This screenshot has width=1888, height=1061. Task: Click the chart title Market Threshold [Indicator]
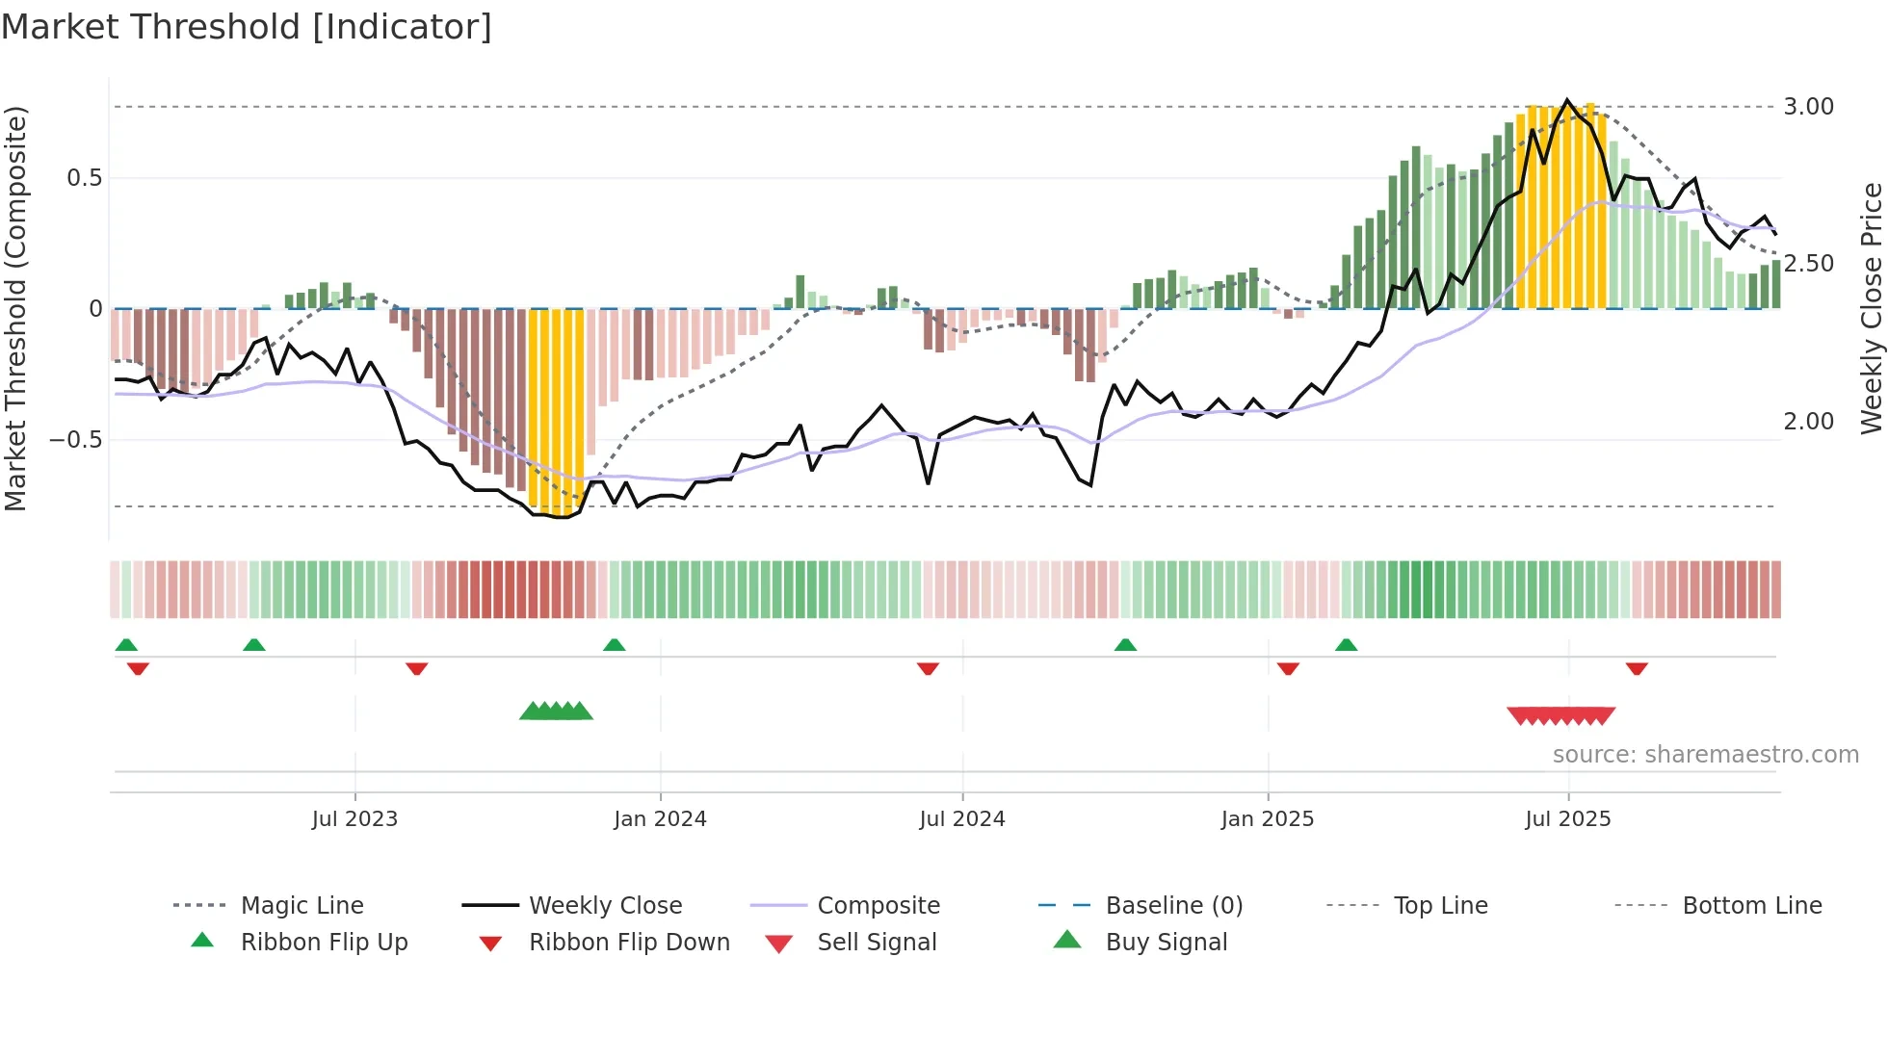[x=247, y=27]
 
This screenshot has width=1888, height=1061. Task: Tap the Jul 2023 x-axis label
[x=354, y=819]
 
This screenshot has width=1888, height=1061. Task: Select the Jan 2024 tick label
[x=660, y=819]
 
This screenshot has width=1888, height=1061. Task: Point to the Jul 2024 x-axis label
[x=961, y=819]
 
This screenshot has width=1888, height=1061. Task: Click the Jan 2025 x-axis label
[x=1267, y=819]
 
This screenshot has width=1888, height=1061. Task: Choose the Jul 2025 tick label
[x=1567, y=819]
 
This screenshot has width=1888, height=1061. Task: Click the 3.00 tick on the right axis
[x=1808, y=107]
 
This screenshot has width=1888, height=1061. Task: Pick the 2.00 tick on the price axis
[x=1808, y=422]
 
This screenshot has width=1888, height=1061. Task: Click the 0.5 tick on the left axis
[x=84, y=178]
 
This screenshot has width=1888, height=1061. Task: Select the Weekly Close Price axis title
[x=1871, y=308]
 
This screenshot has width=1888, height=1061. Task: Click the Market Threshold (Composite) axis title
[x=15, y=308]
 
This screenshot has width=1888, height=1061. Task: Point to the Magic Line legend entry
[x=302, y=906]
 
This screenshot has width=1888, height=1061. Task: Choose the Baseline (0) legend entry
[x=1173, y=906]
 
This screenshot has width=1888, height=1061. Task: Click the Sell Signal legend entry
[x=876, y=943]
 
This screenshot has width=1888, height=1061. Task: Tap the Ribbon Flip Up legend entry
[x=324, y=943]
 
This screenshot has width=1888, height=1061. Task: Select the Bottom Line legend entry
[x=1751, y=906]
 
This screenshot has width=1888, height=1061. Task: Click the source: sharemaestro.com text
[x=1705, y=755]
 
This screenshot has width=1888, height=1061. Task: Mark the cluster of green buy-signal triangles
[x=556, y=712]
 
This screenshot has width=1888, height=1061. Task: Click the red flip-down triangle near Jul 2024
[x=928, y=668]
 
